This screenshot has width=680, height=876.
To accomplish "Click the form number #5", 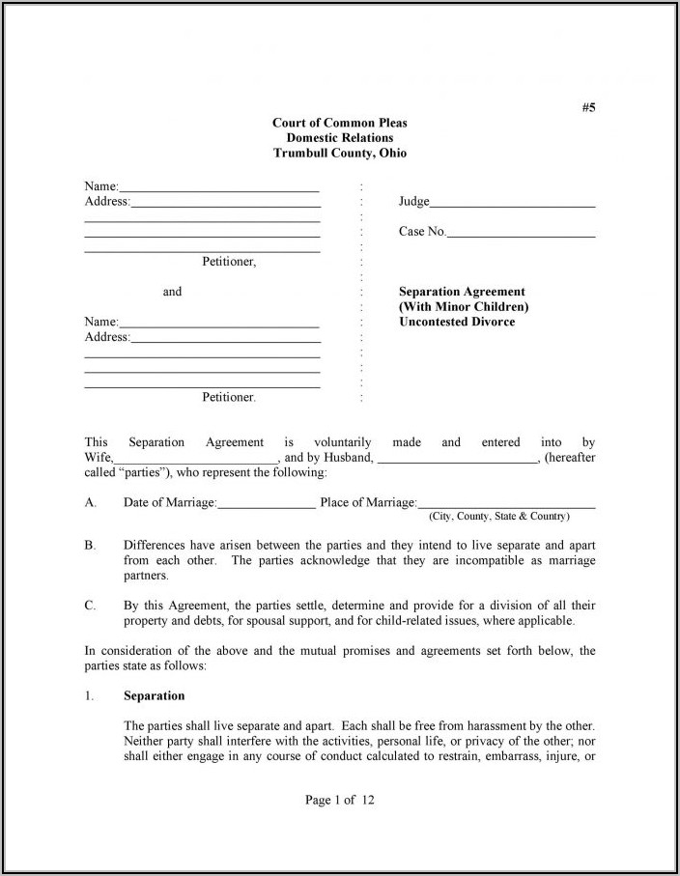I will (588, 107).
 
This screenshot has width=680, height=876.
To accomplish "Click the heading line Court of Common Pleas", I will (339, 123).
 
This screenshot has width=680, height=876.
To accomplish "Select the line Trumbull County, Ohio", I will (339, 154).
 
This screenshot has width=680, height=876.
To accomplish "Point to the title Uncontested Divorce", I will (457, 322).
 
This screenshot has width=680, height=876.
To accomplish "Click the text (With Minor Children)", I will (464, 307).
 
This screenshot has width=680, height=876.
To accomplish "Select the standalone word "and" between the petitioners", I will (172, 292).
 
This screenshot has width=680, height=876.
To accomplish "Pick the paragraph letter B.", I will (90, 546).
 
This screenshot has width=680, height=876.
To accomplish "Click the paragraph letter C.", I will (90, 606).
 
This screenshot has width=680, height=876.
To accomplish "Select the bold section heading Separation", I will (155, 696).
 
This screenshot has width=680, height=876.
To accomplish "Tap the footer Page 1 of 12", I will (339, 800).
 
